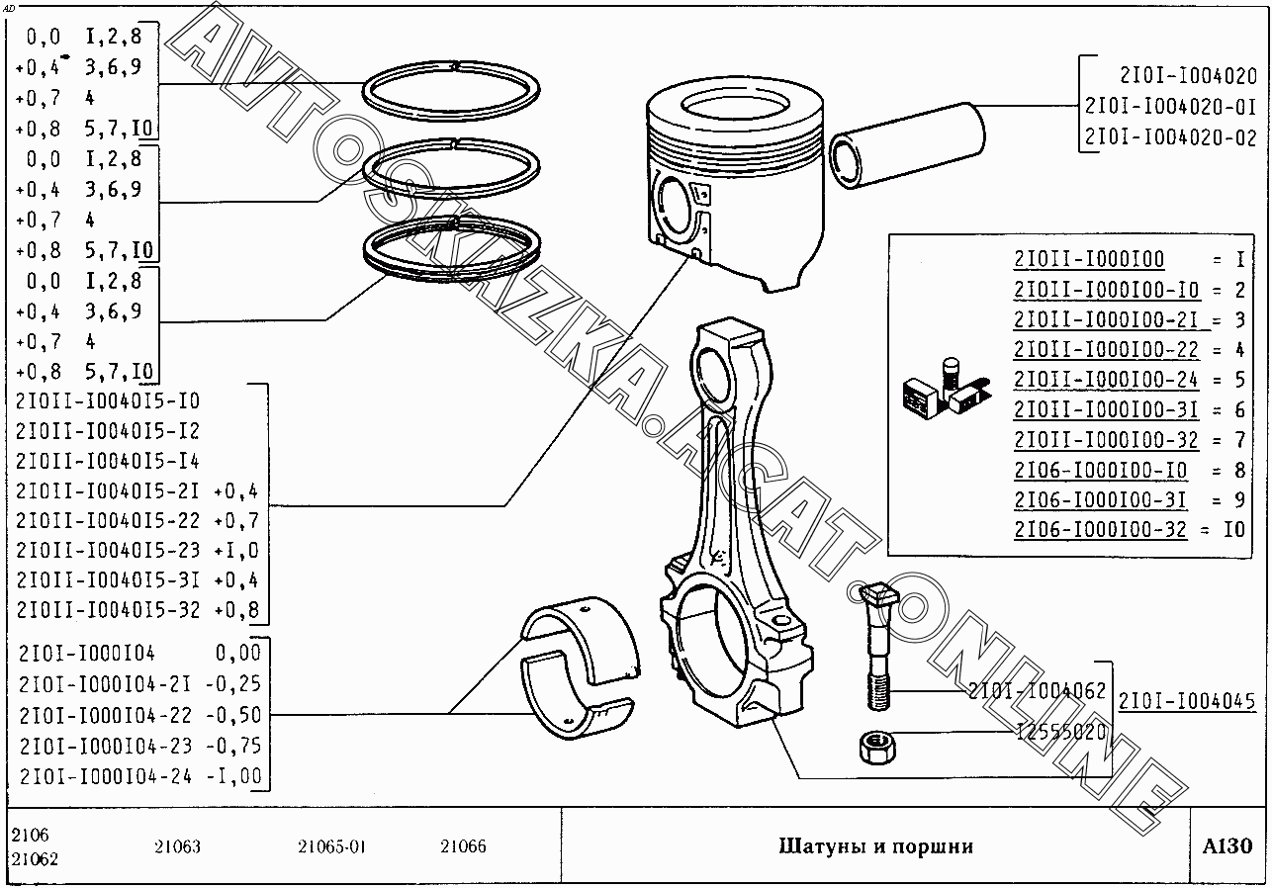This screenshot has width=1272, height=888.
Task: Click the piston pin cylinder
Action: (907, 145)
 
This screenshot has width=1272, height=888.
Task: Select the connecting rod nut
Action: (877, 748)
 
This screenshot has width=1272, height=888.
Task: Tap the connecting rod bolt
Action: (878, 647)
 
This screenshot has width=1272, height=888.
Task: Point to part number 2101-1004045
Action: (1187, 702)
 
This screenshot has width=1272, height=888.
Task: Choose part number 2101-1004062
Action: (1037, 690)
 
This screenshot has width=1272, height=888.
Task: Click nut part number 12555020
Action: (1061, 732)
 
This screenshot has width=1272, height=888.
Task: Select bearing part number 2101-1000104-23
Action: (106, 746)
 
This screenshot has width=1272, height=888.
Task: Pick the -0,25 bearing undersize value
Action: (233, 684)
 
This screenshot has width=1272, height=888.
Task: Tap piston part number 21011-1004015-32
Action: (108, 610)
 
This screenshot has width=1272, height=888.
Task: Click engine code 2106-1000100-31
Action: (1101, 499)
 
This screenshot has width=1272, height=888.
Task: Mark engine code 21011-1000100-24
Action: (1106, 380)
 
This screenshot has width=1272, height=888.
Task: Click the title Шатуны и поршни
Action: (875, 846)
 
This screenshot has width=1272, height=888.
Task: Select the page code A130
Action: (1227, 846)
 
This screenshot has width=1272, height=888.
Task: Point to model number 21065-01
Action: (331, 847)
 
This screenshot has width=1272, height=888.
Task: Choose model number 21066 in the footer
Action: (463, 846)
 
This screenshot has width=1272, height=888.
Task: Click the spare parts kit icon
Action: (947, 391)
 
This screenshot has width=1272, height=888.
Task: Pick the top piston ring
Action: (451, 91)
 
